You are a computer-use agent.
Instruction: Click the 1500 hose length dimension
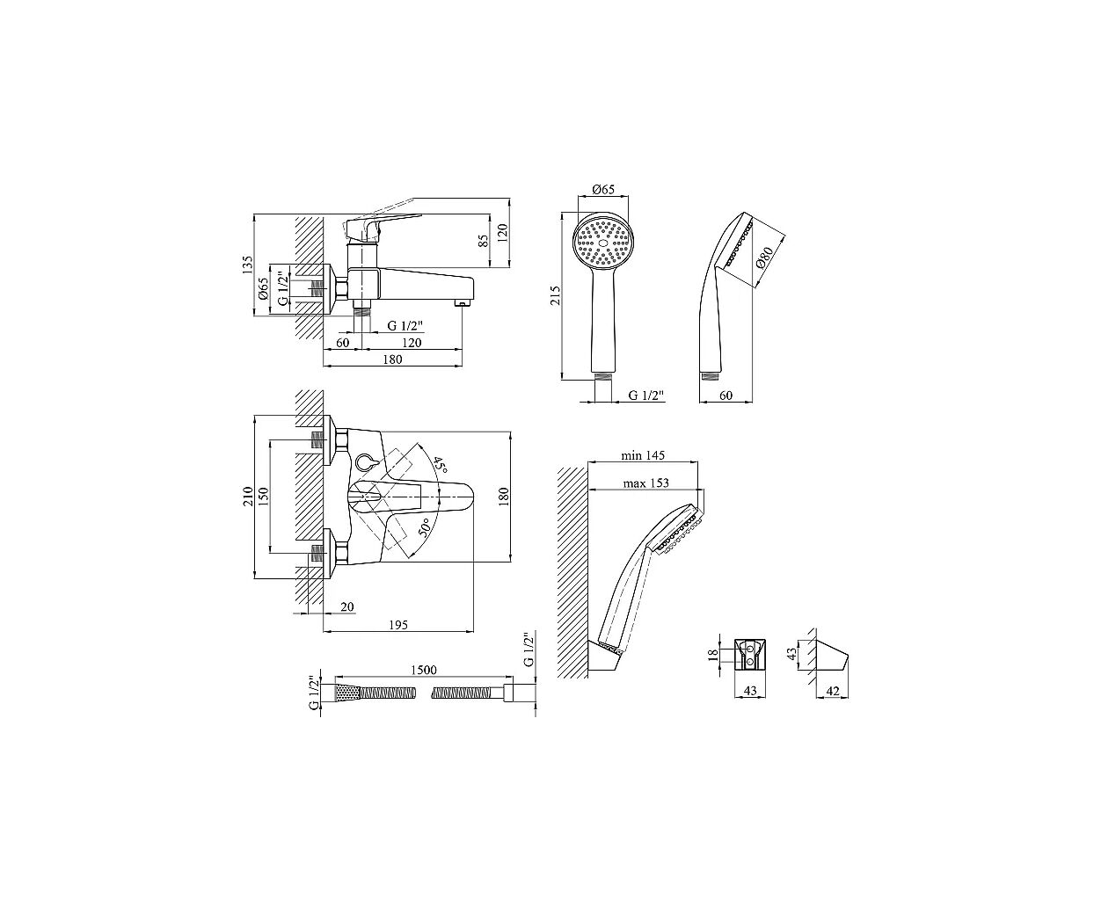423,670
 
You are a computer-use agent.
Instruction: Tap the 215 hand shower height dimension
556,295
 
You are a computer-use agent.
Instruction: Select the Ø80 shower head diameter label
764,258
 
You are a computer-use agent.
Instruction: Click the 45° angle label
440,465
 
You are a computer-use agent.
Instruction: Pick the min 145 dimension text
643,455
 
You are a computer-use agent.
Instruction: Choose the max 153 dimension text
645,483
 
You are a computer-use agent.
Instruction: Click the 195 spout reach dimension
398,625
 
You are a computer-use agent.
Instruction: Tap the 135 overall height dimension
247,265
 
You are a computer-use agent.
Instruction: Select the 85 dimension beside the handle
484,241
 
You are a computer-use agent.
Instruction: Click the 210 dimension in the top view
247,497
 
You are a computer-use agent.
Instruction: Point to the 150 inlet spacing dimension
263,497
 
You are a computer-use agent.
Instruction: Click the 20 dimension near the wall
347,606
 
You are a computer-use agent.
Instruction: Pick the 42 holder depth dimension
833,691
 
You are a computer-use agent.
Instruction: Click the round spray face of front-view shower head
603,243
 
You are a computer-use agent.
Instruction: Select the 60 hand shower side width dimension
725,396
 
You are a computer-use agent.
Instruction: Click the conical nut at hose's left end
346,693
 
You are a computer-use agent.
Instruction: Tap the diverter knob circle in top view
363,461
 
